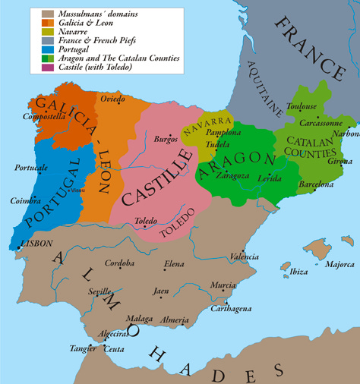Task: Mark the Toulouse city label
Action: (303, 106)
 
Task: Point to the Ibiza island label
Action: (298, 272)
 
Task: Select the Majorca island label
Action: (339, 265)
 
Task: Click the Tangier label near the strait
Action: (81, 348)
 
